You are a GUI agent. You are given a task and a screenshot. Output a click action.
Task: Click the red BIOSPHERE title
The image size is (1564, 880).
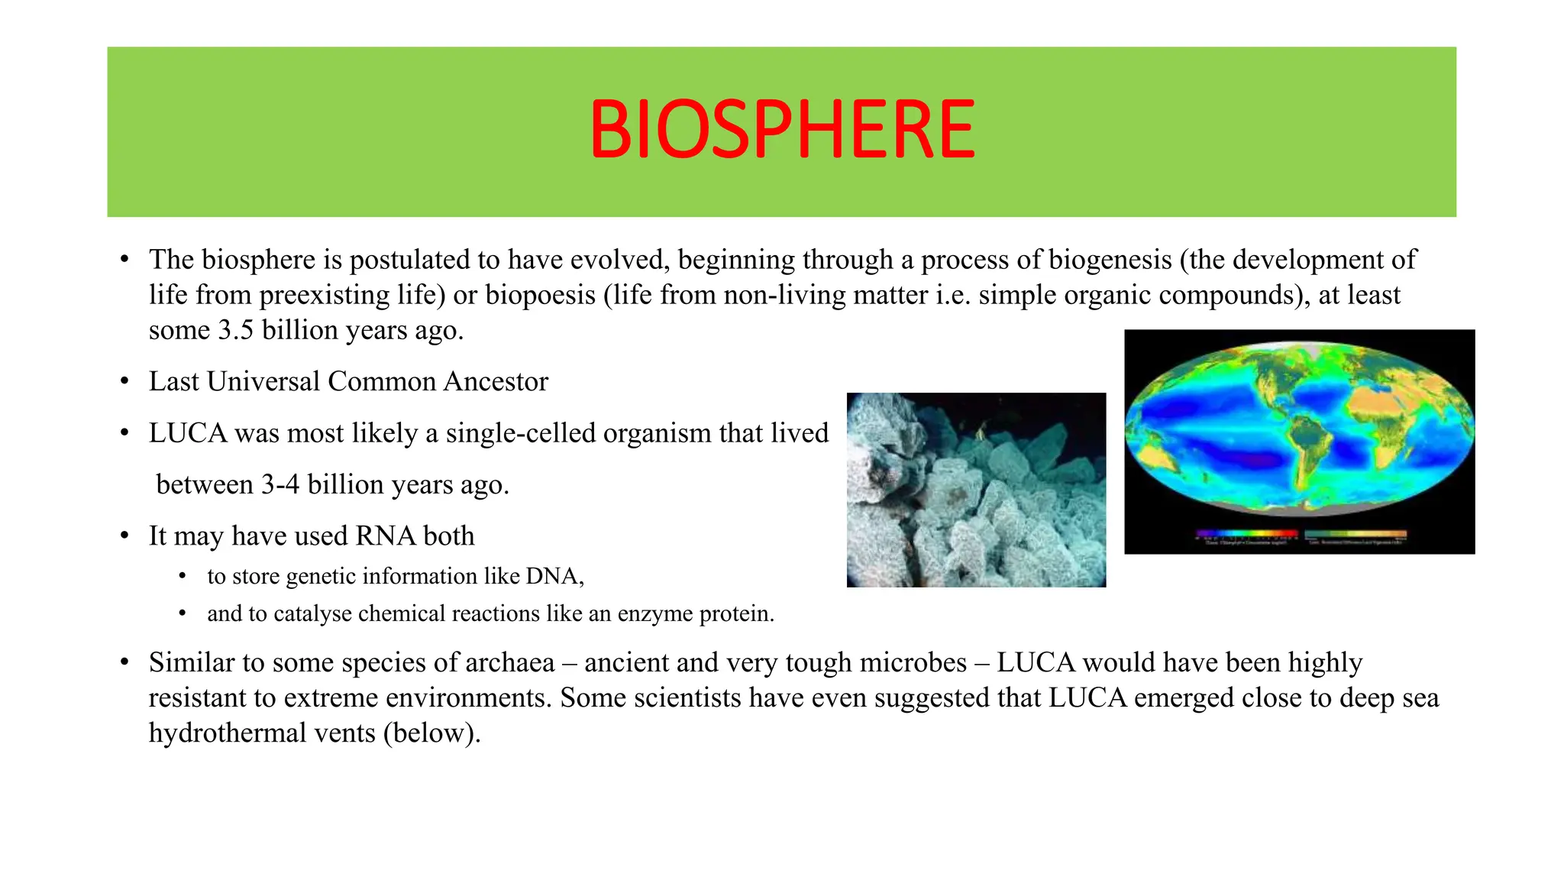[x=782, y=130]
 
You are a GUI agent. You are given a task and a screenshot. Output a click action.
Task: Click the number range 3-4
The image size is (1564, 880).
[x=280, y=485]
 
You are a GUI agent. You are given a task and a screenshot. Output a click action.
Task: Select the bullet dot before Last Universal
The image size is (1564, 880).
[x=124, y=382]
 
